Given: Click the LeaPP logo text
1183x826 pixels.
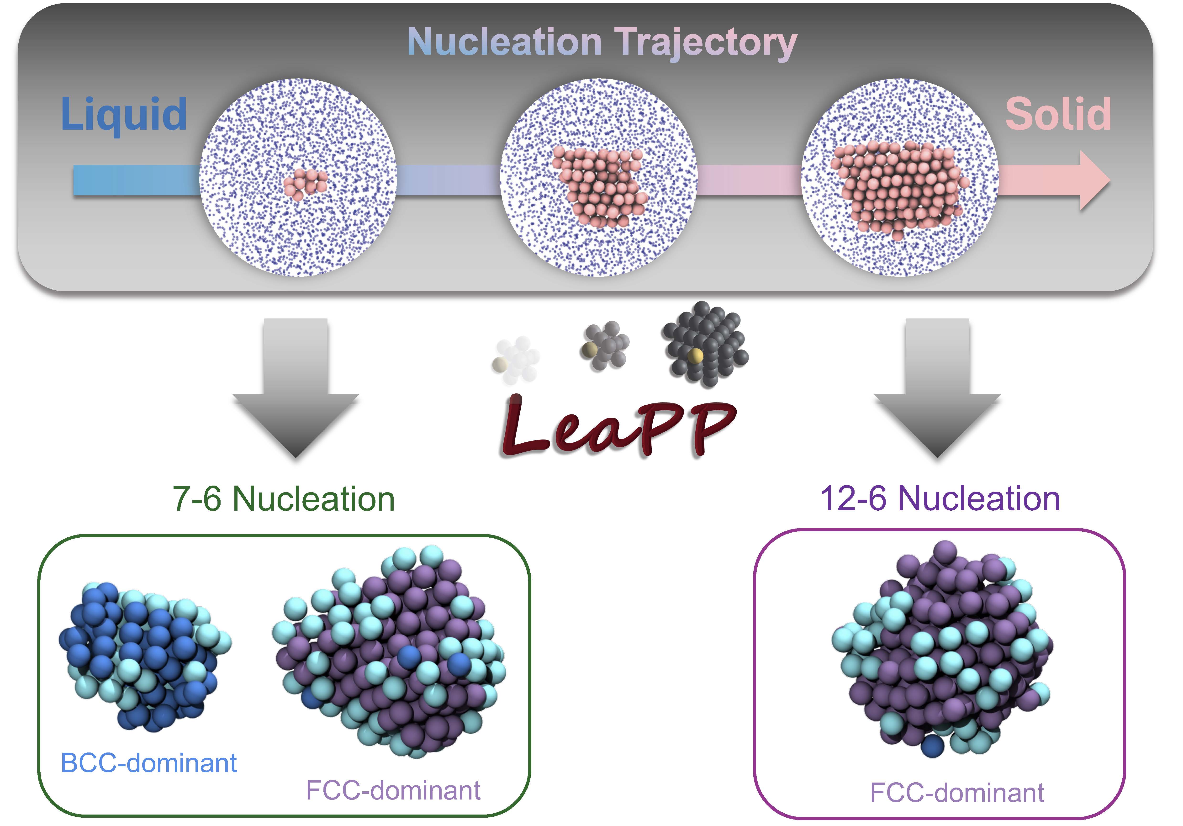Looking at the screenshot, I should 618,428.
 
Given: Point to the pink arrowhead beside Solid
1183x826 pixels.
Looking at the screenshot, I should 1092,180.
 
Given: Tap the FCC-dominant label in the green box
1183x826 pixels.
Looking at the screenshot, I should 393,790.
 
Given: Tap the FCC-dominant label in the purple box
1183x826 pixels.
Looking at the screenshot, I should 957,793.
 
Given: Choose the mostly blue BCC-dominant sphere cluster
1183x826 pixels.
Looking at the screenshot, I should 144,654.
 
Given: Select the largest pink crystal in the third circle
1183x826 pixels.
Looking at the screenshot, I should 899,188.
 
